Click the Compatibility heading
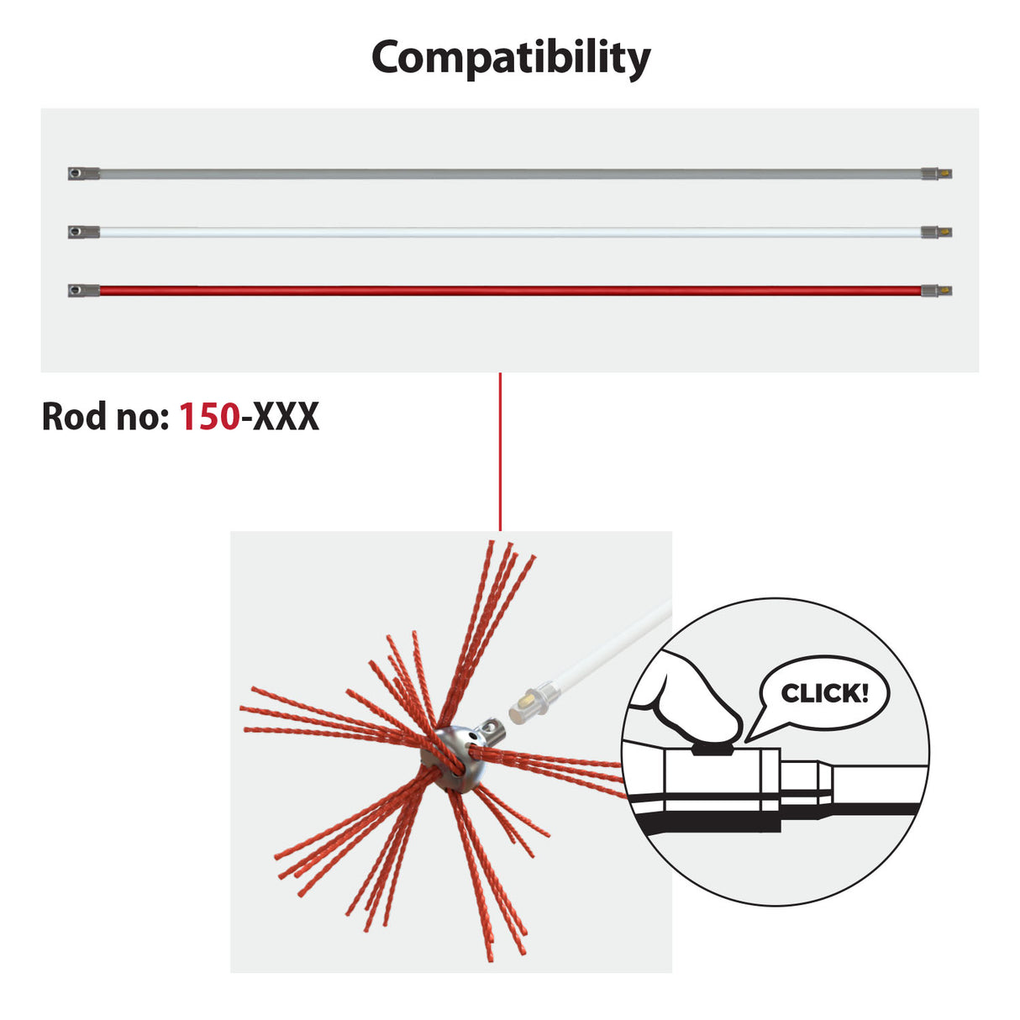511,58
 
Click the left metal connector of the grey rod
83,174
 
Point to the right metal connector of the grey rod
936,174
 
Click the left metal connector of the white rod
83,232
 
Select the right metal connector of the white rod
936,232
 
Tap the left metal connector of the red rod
83,291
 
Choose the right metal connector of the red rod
936,291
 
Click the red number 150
209,417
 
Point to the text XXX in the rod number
286,417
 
